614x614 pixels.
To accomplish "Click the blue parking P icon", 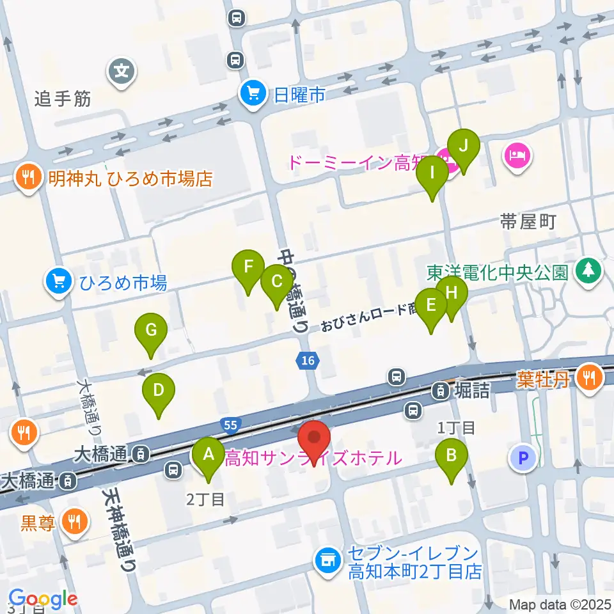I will (x=523, y=458).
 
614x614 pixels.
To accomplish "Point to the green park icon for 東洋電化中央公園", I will (x=586, y=272).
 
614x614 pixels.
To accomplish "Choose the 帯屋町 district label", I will (x=528, y=222).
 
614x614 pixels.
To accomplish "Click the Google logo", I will (x=43, y=598).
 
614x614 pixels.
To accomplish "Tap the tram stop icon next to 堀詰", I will (x=441, y=390).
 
